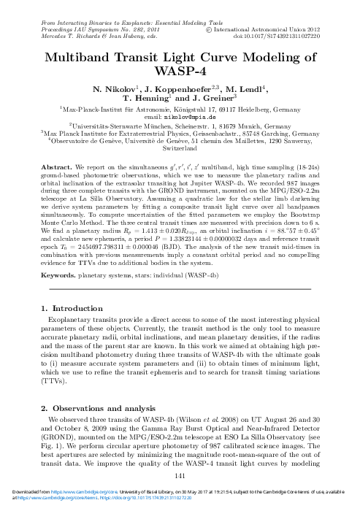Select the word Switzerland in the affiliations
(x=180, y=147)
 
